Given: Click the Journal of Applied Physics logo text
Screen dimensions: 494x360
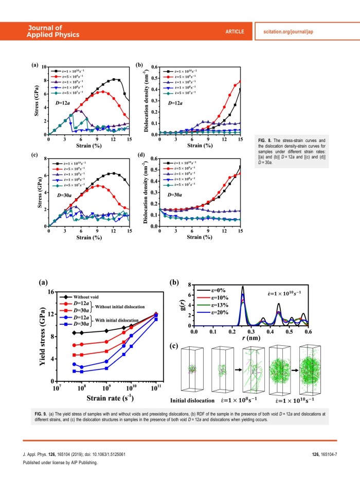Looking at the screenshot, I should (53, 31).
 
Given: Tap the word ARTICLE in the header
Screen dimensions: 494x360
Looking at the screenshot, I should (235, 32).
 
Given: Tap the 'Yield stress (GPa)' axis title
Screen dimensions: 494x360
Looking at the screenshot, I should (43, 336).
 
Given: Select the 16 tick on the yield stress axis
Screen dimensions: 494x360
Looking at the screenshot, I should (51, 292).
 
